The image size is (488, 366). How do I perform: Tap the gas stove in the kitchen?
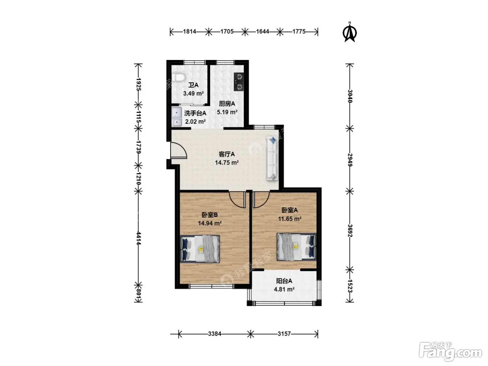(x=238, y=82)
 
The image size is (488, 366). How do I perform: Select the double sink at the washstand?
(x=176, y=117)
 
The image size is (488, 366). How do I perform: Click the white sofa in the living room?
(x=272, y=158)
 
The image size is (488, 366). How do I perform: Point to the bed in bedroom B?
(x=200, y=249)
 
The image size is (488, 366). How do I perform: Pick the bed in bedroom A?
(x=296, y=247)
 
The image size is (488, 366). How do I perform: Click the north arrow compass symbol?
(x=350, y=33)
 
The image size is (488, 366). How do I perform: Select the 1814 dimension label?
(x=189, y=32)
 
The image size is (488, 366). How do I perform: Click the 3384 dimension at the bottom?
(x=214, y=334)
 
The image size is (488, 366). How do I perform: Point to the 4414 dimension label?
(x=138, y=238)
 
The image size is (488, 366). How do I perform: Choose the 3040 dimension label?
(x=350, y=96)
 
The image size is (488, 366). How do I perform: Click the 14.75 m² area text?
(x=227, y=162)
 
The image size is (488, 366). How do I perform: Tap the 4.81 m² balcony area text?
(x=284, y=289)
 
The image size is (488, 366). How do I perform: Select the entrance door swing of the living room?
(x=178, y=151)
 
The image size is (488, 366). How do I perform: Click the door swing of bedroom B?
(x=237, y=199)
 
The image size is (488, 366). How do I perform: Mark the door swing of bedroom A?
(x=261, y=199)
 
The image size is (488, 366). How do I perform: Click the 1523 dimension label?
(x=350, y=286)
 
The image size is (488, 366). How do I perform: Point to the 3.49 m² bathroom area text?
(x=193, y=93)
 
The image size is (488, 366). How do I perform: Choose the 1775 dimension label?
(x=299, y=32)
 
